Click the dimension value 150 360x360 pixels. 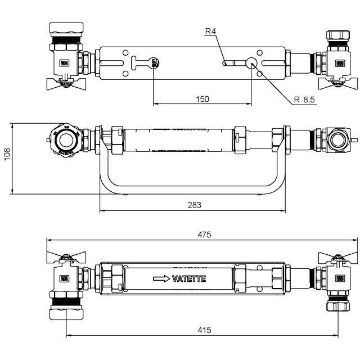pos(202,99)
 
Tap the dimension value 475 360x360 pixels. pos(204,235)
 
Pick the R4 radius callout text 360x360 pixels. pos(210,31)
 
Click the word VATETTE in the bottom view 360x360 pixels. pos(189,278)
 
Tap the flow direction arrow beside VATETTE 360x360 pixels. pos(161,278)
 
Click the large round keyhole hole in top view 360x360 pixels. pos(251,62)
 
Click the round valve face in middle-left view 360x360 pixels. pos(66,139)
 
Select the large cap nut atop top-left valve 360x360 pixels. pos(66,29)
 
